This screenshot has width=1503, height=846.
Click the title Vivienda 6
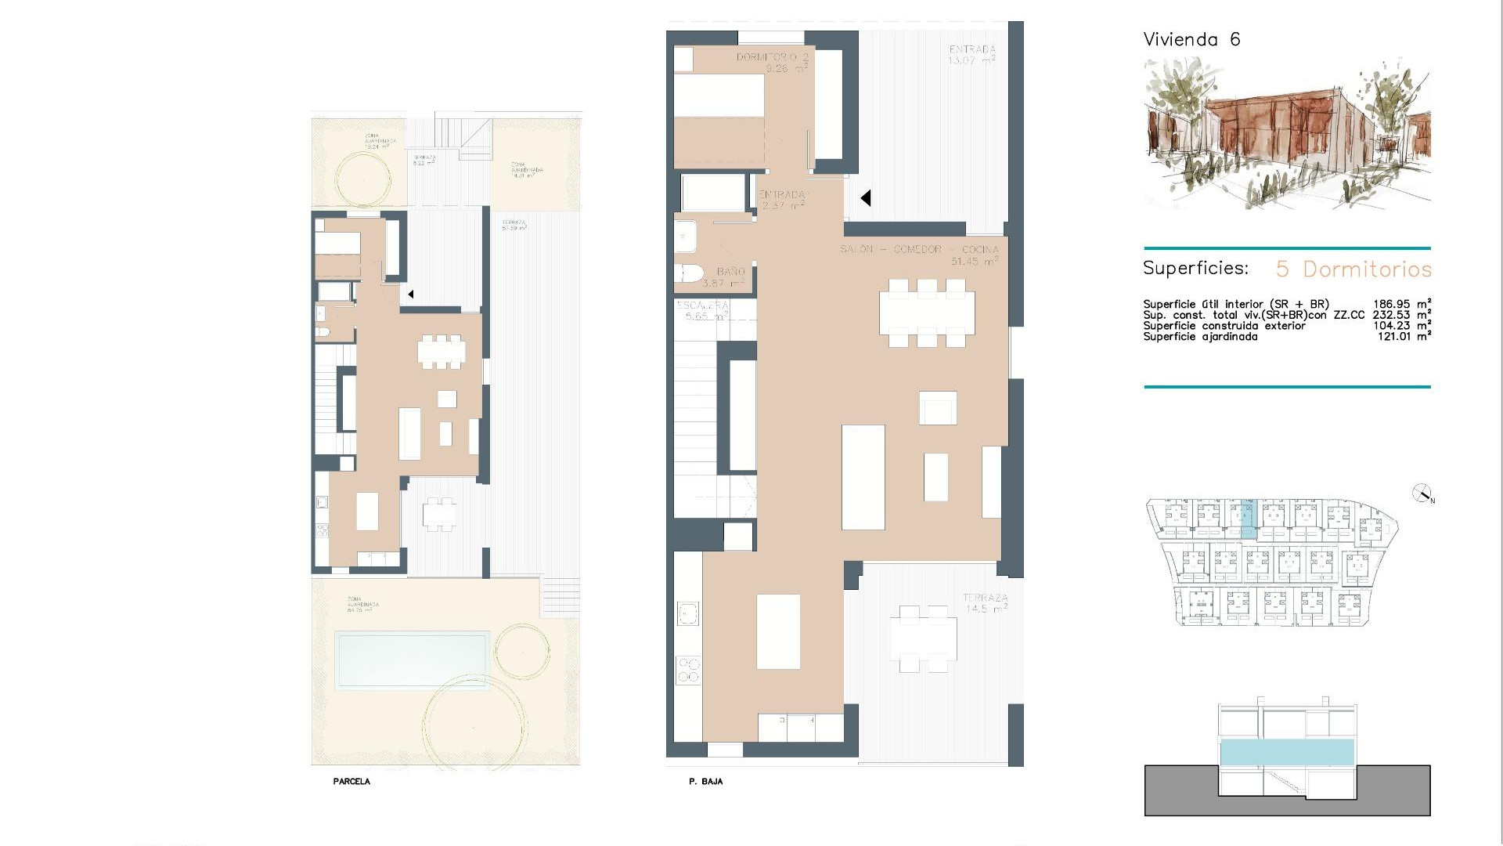click(x=1191, y=40)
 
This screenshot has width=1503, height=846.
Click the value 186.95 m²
click(x=1402, y=304)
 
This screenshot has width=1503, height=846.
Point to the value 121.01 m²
click(x=1404, y=337)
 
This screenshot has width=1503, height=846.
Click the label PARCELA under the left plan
click(x=351, y=782)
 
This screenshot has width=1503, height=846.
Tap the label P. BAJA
click(x=705, y=782)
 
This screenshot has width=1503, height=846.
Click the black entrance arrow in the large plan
click(x=865, y=198)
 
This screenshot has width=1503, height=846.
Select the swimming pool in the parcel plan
click(x=411, y=660)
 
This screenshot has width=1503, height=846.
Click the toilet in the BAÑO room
click(x=689, y=273)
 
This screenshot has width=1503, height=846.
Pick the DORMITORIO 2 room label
click(x=772, y=58)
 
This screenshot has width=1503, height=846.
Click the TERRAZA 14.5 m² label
click(x=985, y=603)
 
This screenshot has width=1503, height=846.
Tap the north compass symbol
click(x=1422, y=493)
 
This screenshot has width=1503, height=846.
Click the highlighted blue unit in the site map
click(x=1248, y=519)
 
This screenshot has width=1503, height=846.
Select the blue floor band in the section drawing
click(x=1287, y=752)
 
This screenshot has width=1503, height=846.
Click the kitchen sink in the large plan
click(x=688, y=613)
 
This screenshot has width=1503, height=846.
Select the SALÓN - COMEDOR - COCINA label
click(x=919, y=249)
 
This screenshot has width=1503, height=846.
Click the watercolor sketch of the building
click(x=1287, y=133)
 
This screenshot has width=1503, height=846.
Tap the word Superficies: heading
click(x=1195, y=269)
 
